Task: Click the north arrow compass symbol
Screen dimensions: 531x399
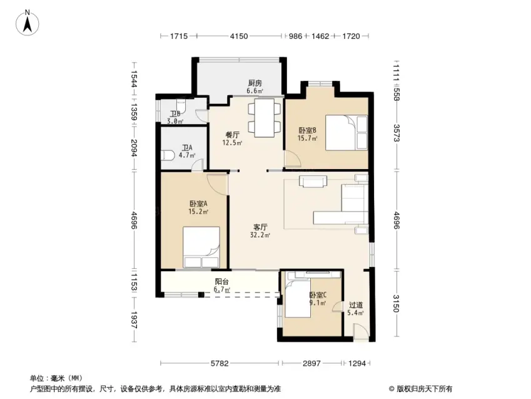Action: point(28,23)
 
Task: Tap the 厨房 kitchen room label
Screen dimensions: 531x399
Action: point(255,83)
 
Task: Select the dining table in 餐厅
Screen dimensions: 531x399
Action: point(265,118)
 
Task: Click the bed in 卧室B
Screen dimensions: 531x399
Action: point(346,133)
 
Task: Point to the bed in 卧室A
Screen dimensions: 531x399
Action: point(201,247)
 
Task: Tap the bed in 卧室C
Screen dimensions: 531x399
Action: point(298,295)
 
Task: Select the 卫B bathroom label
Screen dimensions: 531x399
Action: point(175,114)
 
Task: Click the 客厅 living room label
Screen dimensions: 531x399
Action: point(260,227)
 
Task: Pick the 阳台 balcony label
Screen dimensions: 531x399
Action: point(222,282)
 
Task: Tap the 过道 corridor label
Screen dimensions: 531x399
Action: point(356,305)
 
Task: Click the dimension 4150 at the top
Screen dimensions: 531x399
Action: point(239,36)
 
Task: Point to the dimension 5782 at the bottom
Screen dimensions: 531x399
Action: point(220,363)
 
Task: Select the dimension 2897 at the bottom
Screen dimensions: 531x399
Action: point(311,363)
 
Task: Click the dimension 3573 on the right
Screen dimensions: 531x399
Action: point(397,133)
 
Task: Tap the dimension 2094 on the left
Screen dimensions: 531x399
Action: point(134,148)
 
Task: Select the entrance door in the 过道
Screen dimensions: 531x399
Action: point(360,331)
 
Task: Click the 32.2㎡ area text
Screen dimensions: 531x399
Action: point(260,235)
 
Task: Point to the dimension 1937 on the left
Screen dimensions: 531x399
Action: point(134,320)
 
